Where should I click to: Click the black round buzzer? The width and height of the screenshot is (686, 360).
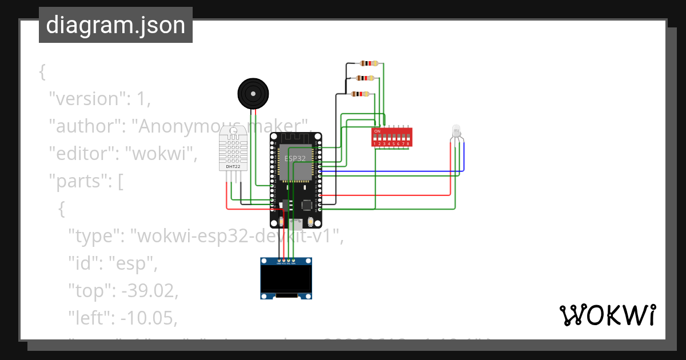pyautogui.click(x=253, y=93)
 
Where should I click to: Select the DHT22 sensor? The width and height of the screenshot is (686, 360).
pyautogui.click(x=233, y=149)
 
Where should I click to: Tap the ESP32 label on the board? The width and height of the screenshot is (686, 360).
pyautogui.click(x=295, y=158)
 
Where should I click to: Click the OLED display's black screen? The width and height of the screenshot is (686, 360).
pyautogui.click(x=286, y=280)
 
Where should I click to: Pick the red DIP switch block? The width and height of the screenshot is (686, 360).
pyautogui.click(x=392, y=138)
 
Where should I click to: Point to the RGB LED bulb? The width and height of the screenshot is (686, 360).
pyautogui.click(x=456, y=131)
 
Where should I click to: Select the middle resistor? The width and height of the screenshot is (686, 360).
pyautogui.click(x=365, y=78)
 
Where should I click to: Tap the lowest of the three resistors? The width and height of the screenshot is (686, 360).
pyautogui.click(x=360, y=94)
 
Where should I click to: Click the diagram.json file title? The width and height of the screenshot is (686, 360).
pyautogui.click(x=115, y=25)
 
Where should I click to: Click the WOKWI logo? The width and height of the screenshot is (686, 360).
pyautogui.click(x=607, y=315)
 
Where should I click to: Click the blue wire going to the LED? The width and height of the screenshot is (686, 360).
pyautogui.click(x=400, y=171)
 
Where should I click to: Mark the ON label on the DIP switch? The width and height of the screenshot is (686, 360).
pyautogui.click(x=377, y=131)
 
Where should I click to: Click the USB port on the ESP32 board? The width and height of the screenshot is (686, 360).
pyautogui.click(x=296, y=223)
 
